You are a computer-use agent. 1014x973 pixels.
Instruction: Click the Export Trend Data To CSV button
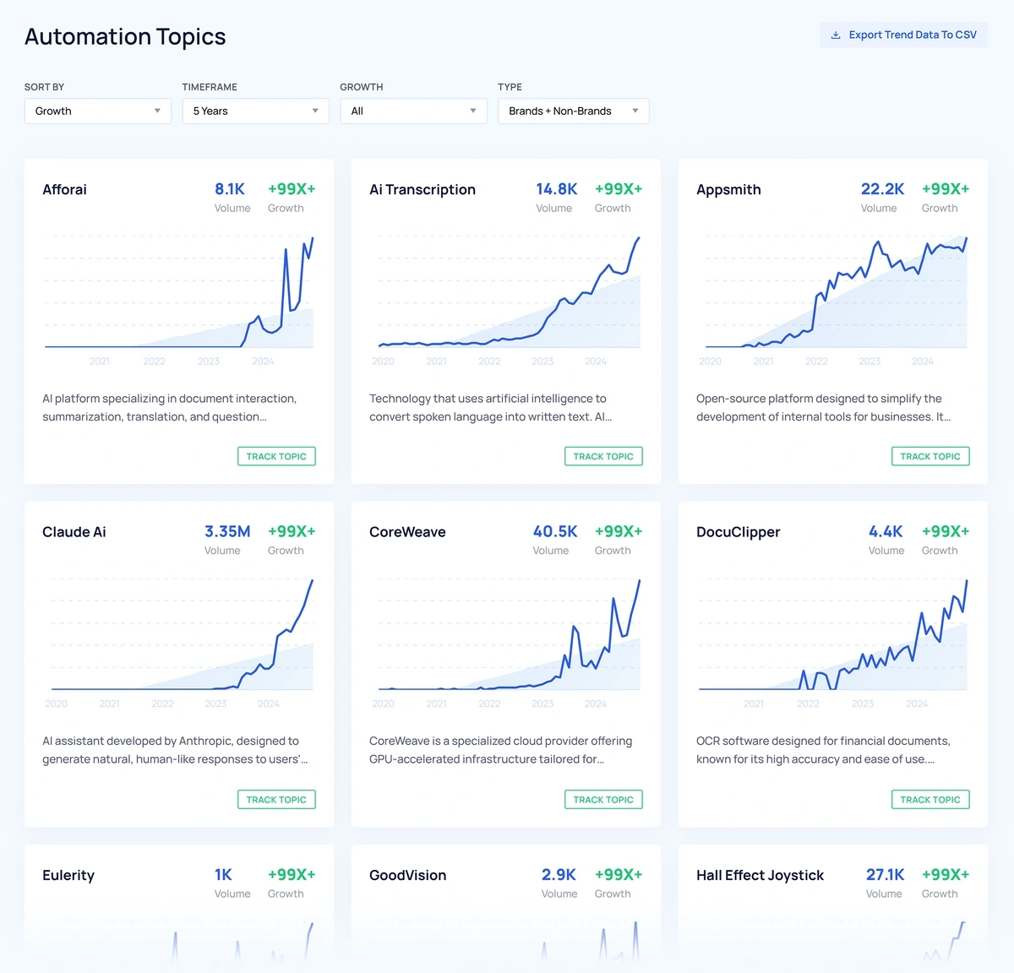(903, 35)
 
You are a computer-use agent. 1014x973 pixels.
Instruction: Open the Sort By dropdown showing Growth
(97, 111)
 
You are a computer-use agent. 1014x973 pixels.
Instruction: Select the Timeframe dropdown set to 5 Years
(255, 111)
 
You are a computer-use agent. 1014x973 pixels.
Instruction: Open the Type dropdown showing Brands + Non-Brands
(573, 111)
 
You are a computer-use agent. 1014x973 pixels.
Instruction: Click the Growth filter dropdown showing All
(413, 111)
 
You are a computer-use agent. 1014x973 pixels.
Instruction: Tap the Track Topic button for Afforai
(276, 456)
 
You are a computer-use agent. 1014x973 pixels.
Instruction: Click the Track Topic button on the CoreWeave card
(603, 799)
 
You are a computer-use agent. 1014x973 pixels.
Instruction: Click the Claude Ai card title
(74, 532)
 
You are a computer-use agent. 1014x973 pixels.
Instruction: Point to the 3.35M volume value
(227, 531)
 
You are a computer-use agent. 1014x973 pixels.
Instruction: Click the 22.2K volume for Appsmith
(882, 189)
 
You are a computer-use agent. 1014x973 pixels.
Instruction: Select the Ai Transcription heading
(422, 189)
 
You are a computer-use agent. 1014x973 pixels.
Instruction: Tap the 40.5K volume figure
(555, 531)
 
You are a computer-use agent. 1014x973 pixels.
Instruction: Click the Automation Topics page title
(125, 36)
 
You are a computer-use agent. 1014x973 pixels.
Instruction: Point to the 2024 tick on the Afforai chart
(263, 361)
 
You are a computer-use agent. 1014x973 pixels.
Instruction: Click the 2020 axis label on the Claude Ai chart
(57, 704)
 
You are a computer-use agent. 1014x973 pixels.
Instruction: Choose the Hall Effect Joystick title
(760, 875)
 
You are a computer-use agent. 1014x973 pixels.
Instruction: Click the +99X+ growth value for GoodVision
(619, 874)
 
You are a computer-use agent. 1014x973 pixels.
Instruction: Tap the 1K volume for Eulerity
(223, 874)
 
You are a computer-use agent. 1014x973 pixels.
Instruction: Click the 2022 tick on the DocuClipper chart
(808, 704)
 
